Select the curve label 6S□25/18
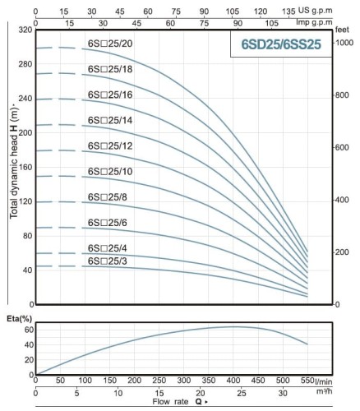[109, 70]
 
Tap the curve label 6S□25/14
[109, 120]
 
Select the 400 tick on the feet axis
[343, 200]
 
